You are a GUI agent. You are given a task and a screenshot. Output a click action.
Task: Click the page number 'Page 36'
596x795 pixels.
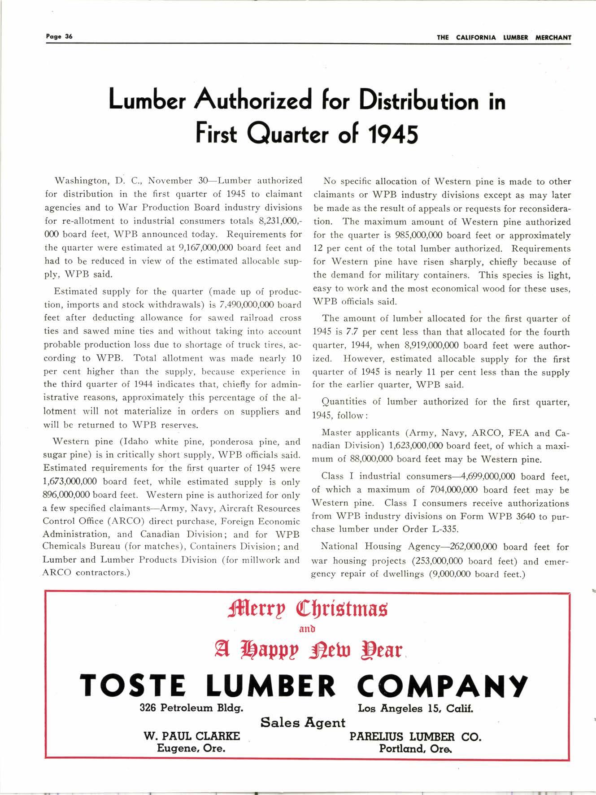coord(59,37)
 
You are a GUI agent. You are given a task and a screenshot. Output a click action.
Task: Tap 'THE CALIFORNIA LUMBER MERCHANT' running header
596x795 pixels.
coord(504,38)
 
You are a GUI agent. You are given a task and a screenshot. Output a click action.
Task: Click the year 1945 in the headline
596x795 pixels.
coord(392,133)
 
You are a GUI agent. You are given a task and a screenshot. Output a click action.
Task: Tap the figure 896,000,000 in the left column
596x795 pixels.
coord(67,495)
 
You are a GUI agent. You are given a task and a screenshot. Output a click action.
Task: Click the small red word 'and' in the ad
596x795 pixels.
coord(307,629)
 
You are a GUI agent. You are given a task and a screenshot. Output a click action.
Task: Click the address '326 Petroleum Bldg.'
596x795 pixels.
coord(191,708)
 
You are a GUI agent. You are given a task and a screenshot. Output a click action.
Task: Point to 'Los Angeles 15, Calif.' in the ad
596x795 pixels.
coord(415,708)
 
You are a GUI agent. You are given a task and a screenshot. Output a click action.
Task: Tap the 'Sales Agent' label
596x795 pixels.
coord(303,722)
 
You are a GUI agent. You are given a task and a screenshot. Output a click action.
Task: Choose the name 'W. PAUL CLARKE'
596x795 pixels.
coord(191,736)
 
